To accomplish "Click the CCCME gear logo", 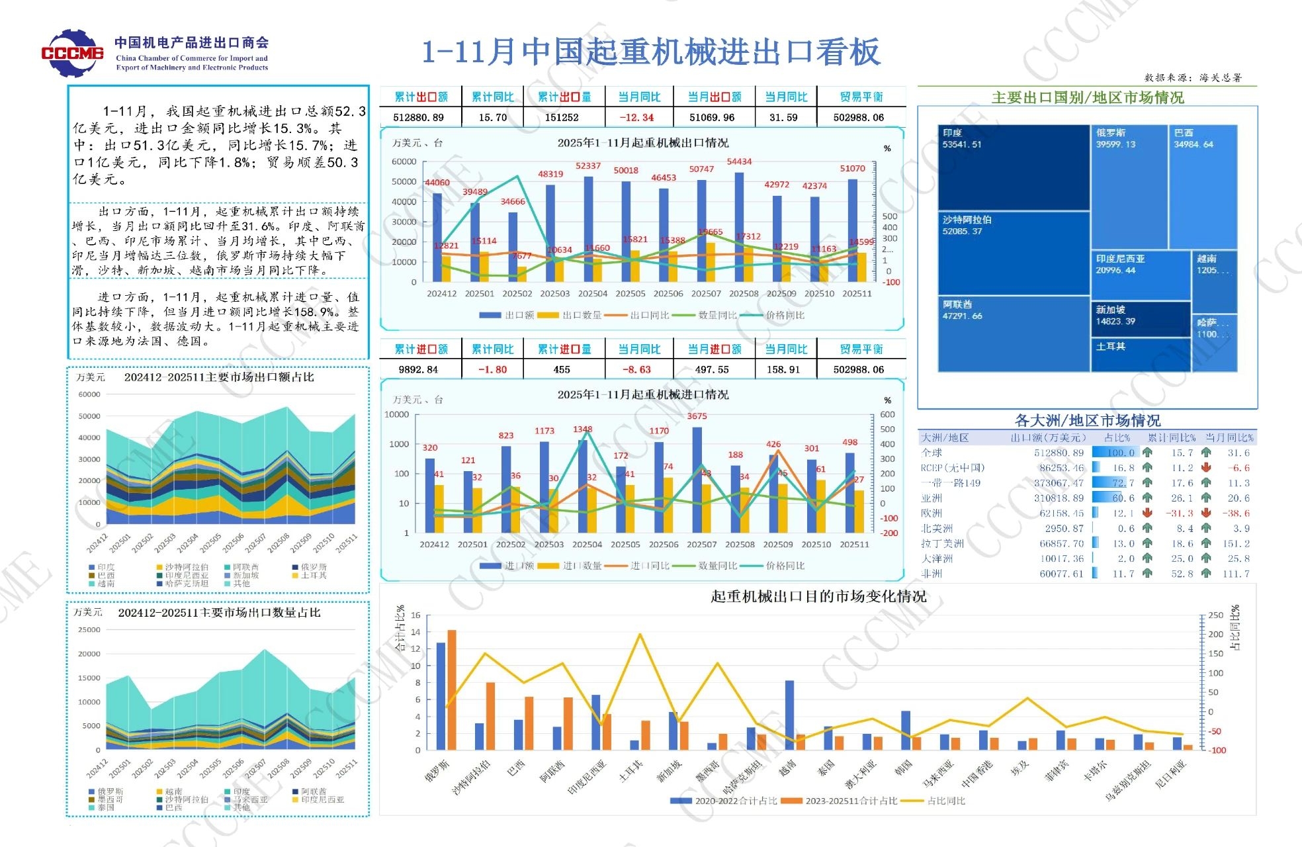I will click(x=72, y=52).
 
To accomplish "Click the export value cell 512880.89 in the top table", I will click(x=418, y=117).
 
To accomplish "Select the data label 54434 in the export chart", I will click(x=739, y=161).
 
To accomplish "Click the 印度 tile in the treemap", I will click(x=1013, y=167).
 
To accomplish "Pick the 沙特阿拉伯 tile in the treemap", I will click(x=1013, y=253).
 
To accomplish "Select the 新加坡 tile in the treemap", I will click(x=1140, y=319).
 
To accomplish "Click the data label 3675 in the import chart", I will click(x=697, y=416).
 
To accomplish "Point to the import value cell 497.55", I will click(x=712, y=369).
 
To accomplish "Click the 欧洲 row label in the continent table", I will click(x=932, y=513).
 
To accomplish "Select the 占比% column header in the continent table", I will click(x=1117, y=438).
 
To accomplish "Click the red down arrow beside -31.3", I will click(x=1147, y=513).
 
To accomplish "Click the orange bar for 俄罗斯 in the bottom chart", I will click(x=452, y=690).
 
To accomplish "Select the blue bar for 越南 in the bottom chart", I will click(x=789, y=715).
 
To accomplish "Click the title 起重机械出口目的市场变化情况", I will click(x=818, y=597).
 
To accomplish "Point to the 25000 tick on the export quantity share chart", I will click(x=89, y=630).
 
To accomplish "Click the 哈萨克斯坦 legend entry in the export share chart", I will click(x=186, y=584).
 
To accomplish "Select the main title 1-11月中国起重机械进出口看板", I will click(x=651, y=52).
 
